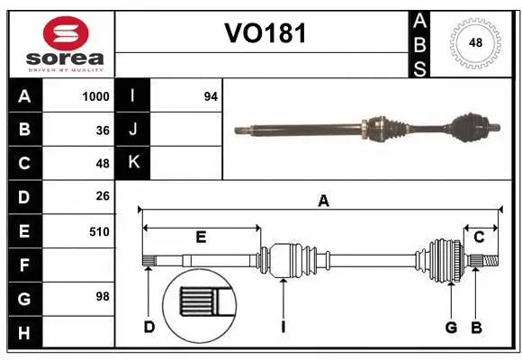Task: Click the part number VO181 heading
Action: [x=265, y=34]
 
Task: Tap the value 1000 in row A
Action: [x=95, y=96]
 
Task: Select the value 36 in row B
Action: [x=102, y=130]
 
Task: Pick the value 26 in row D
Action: [x=102, y=196]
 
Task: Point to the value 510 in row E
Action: [x=99, y=231]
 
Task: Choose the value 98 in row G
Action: [x=102, y=296]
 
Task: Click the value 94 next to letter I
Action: [x=211, y=96]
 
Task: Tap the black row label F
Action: [x=24, y=265]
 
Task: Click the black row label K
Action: [x=133, y=163]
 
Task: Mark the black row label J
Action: [x=133, y=130]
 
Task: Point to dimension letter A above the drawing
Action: [x=322, y=202]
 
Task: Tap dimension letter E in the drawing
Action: [x=201, y=238]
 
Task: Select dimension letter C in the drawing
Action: [x=480, y=238]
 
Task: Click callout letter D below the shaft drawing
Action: [x=148, y=326]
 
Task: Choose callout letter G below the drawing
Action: [x=451, y=326]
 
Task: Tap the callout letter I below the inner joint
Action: [x=283, y=326]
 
